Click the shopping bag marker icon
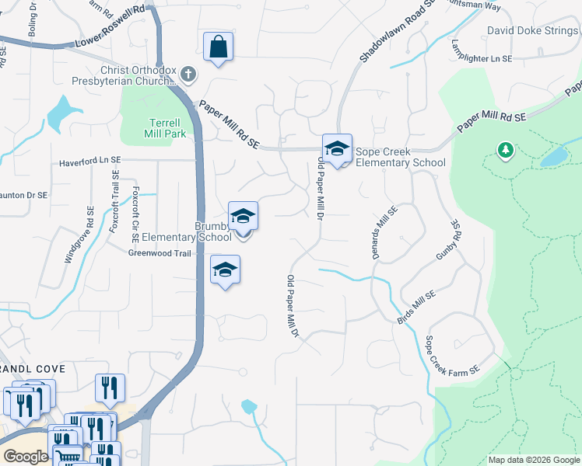click(x=219, y=47)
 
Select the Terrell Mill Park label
click(x=164, y=128)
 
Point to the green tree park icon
click(x=506, y=149)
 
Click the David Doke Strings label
click(x=533, y=31)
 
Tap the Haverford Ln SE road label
click(x=91, y=161)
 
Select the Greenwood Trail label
click(x=159, y=252)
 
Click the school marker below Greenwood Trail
click(x=225, y=270)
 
